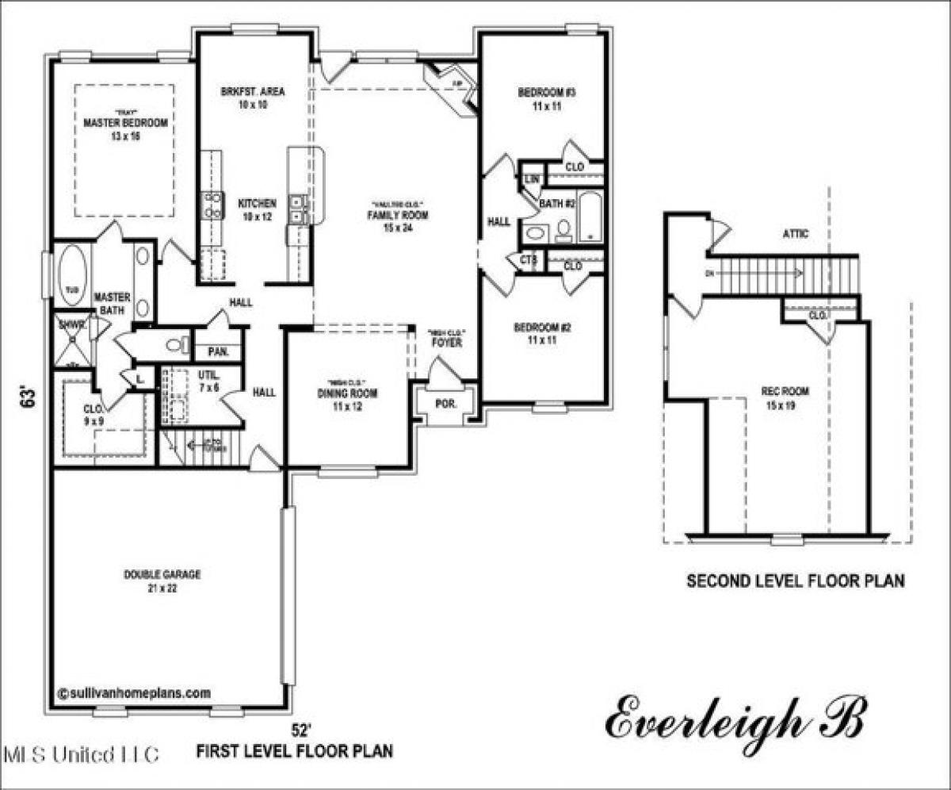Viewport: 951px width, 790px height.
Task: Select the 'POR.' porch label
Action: click(446, 402)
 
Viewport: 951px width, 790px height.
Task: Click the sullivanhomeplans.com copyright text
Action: click(134, 692)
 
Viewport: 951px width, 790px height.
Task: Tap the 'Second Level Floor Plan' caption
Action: click(795, 581)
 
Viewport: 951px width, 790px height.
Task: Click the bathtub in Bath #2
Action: click(590, 216)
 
